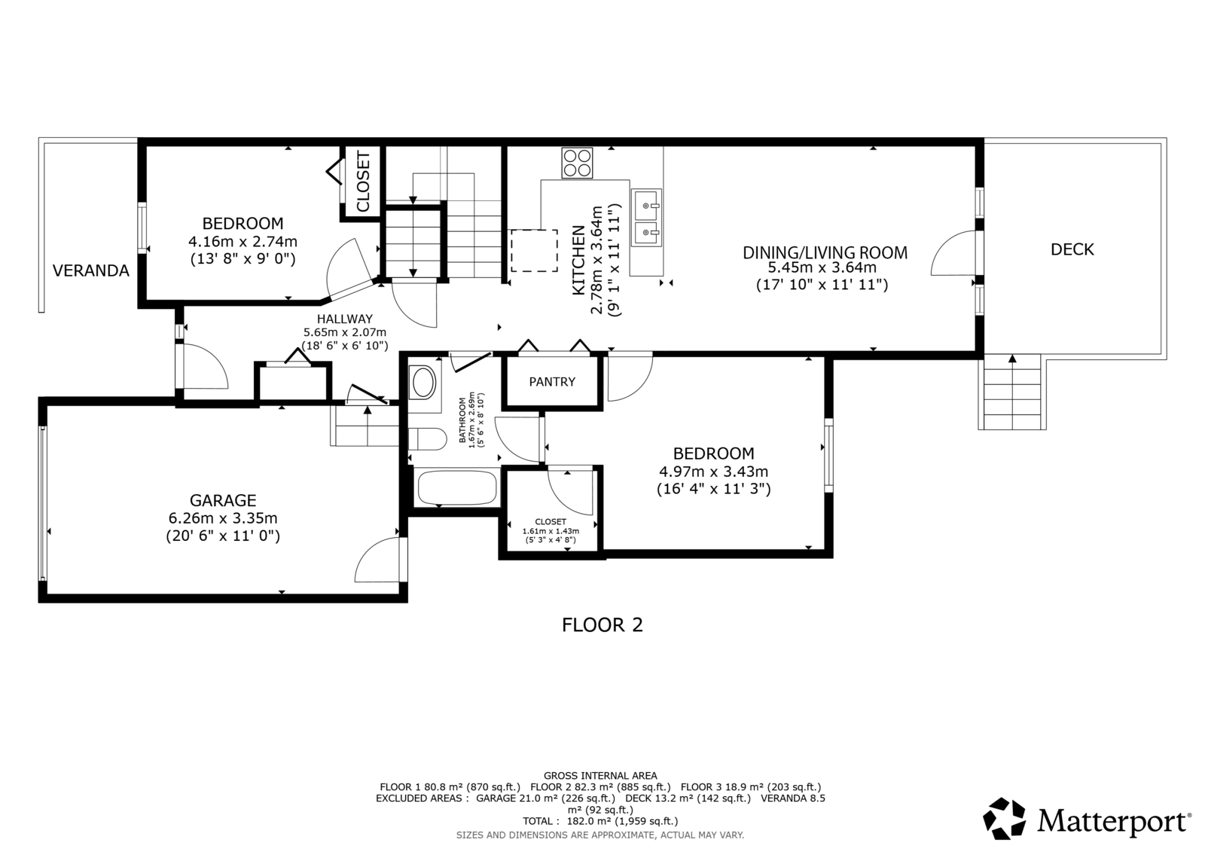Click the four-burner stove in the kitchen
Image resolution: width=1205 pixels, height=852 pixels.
(577, 163)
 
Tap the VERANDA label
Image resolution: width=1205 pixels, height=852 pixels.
(91, 270)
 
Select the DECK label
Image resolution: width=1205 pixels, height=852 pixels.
(1072, 249)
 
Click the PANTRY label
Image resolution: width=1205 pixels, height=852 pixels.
(552, 382)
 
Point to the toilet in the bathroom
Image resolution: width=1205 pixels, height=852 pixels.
(428, 439)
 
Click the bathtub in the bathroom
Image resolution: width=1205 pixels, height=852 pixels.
(457, 488)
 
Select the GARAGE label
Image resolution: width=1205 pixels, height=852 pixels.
(223, 500)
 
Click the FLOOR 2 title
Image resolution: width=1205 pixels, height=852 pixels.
(602, 624)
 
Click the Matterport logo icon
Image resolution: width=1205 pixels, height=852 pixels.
(1005, 819)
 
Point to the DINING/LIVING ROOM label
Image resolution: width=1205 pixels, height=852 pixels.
(825, 252)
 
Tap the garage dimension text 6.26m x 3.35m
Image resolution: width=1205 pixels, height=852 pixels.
(223, 518)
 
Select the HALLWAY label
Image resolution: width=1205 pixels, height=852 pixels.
(345, 319)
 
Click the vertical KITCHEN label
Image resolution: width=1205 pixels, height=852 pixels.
(578, 260)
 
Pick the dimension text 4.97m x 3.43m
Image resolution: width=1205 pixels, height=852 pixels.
(713, 472)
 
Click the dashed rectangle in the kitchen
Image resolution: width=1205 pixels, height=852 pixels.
(534, 251)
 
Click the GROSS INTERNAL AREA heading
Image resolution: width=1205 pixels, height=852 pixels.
(599, 776)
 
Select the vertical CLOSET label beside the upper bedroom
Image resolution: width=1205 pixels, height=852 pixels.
(363, 182)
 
